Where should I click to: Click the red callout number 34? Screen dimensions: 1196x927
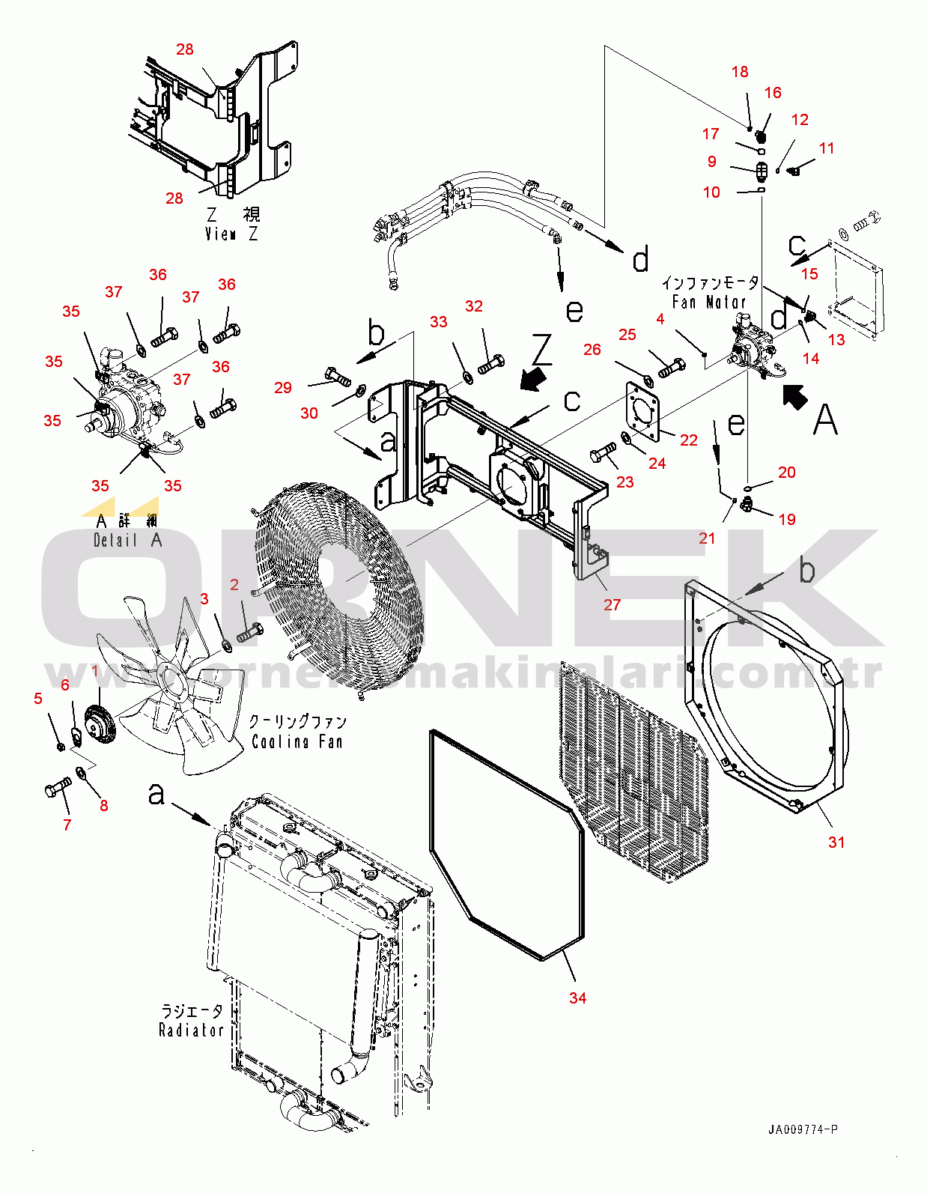(x=577, y=998)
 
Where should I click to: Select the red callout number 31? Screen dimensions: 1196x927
(x=836, y=842)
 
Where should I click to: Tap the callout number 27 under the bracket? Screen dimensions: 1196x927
(x=612, y=604)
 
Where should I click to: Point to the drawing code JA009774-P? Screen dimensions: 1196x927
(x=803, y=1129)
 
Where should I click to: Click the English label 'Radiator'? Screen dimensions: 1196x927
(x=192, y=1030)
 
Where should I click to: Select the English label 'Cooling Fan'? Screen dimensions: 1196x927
(x=297, y=741)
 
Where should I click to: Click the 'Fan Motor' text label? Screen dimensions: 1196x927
(x=709, y=302)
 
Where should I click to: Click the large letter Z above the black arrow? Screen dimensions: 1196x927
(x=541, y=349)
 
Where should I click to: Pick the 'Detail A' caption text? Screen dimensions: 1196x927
(x=127, y=540)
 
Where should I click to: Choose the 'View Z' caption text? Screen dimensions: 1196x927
(x=231, y=234)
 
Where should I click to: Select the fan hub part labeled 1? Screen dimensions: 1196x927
(x=100, y=725)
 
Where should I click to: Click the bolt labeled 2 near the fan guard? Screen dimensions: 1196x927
(x=249, y=633)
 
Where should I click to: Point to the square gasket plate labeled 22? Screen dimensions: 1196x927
(x=642, y=411)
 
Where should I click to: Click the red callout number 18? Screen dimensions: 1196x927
(x=740, y=72)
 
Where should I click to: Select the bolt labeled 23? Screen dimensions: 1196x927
(x=603, y=453)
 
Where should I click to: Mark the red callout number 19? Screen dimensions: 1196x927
(x=787, y=519)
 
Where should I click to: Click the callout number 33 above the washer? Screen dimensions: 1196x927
(x=439, y=321)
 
